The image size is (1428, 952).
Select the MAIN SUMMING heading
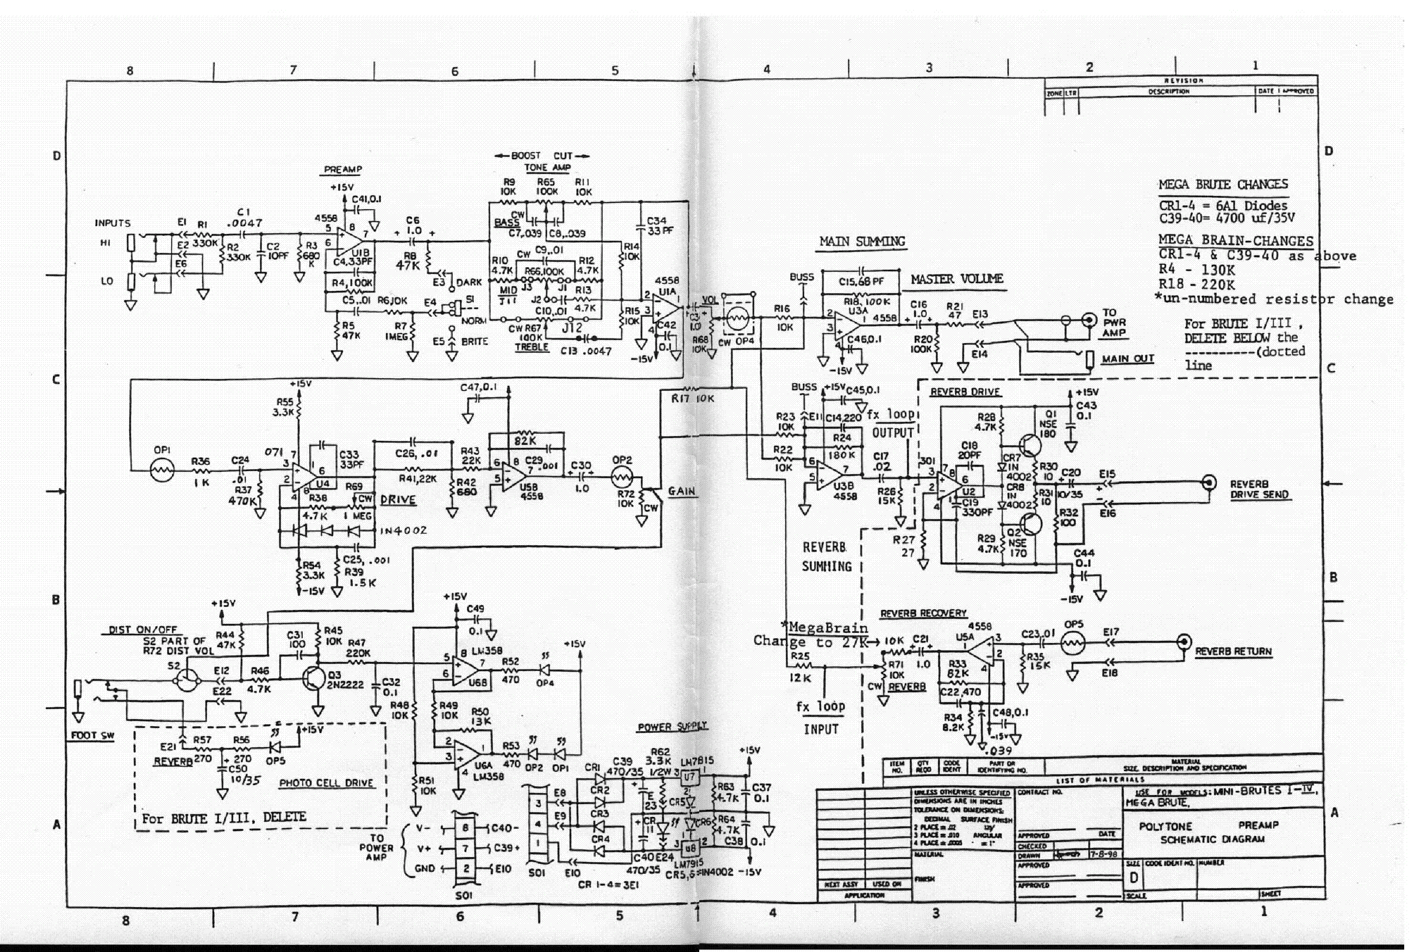coord(862,242)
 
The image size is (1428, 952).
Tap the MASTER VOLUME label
coord(957,279)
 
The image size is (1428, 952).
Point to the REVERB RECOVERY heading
coord(923,614)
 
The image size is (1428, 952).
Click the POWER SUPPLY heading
coord(672,727)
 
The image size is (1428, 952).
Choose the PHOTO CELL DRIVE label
coord(326,783)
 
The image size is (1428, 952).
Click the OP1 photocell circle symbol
coord(162,470)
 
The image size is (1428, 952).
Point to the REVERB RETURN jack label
coord(1233,652)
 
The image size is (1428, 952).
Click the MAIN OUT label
coord(1128,359)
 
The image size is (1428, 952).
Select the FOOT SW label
coord(92,735)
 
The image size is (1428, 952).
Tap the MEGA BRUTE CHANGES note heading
coord(1223,185)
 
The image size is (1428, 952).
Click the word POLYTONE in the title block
coord(1165,827)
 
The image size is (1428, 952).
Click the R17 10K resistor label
coord(692,399)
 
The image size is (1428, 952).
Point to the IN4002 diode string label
coord(403,530)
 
